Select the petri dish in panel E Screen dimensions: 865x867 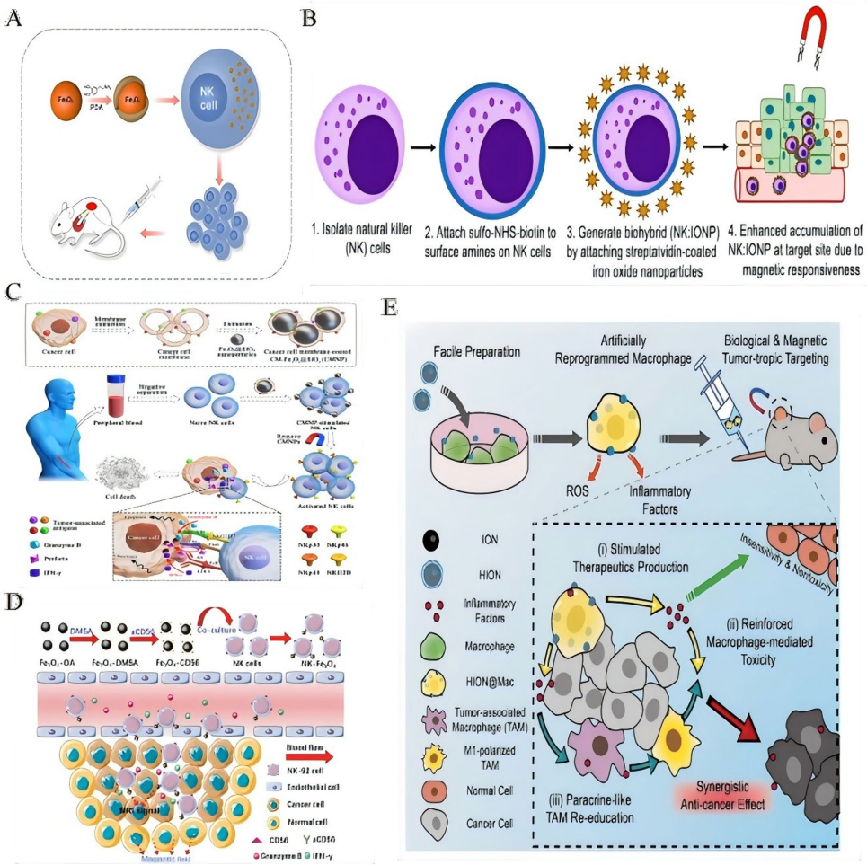(x=482, y=440)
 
